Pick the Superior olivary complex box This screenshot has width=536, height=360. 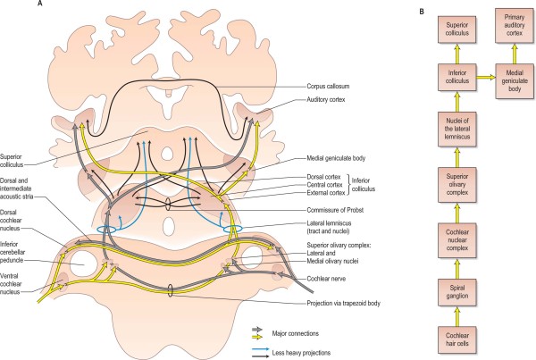click(450, 188)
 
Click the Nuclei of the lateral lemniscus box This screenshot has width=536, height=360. click(450, 134)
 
